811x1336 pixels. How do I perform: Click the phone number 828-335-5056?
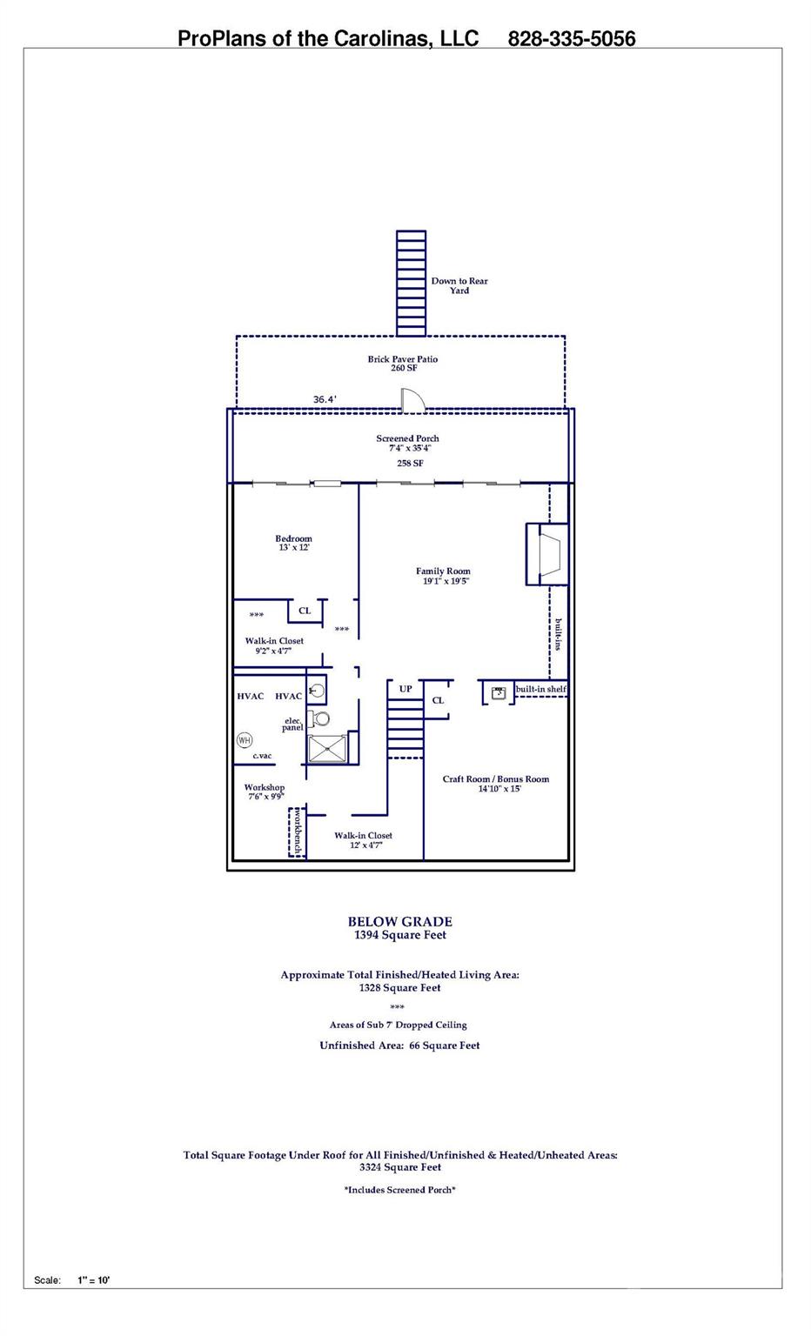click(571, 39)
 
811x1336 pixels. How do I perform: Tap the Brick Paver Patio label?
click(402, 359)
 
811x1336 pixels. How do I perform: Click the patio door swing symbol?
click(412, 399)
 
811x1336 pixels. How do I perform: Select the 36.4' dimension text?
click(325, 399)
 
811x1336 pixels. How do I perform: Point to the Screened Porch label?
click(407, 438)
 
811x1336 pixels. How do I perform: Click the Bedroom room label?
click(293, 538)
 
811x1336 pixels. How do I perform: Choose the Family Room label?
click(443, 571)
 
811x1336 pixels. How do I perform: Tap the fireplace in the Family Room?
click(547, 554)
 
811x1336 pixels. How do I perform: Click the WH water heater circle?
click(245, 740)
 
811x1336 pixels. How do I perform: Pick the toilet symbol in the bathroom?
click(318, 718)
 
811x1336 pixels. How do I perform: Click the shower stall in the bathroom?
click(326, 749)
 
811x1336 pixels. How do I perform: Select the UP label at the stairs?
click(405, 689)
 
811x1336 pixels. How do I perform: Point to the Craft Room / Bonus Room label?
click(496, 779)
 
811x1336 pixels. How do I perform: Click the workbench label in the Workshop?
click(298, 833)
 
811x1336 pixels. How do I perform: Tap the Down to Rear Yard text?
click(459, 285)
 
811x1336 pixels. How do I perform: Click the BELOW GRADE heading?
click(399, 921)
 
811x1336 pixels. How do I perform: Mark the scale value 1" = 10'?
click(94, 1280)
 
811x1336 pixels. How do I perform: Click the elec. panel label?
click(292, 724)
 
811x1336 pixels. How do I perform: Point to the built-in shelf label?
click(540, 689)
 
